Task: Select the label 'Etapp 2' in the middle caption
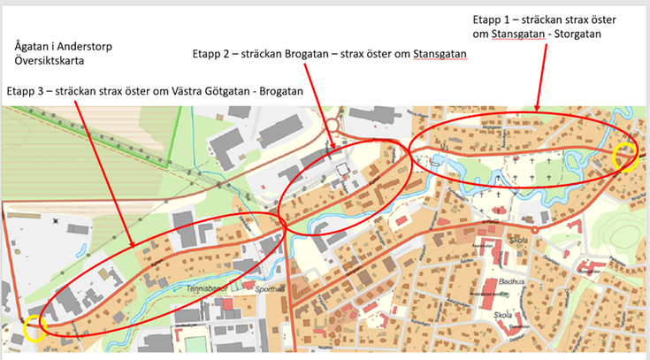pyautogui.click(x=212, y=54)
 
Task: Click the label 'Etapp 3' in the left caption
pyautogui.click(x=26, y=91)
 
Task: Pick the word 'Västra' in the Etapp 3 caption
pyautogui.click(x=188, y=91)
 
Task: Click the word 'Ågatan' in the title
pyautogui.click(x=34, y=45)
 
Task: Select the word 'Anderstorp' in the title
pyautogui.click(x=94, y=45)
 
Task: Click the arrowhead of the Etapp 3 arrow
pyautogui.click(x=133, y=247)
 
